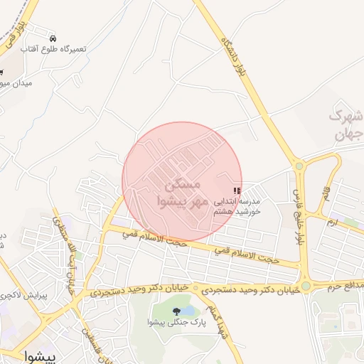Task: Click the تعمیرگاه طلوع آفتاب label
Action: [53, 49]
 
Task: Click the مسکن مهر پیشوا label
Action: [183, 193]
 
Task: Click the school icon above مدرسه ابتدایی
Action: [237, 191]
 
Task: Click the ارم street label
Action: [332, 223]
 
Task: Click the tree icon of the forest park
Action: [176, 311]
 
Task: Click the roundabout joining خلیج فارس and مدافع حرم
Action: [305, 286]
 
